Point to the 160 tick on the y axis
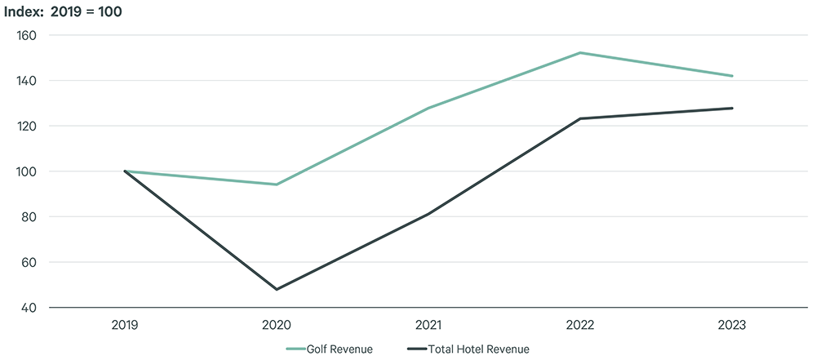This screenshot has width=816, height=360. (27, 35)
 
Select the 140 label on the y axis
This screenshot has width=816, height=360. (27, 81)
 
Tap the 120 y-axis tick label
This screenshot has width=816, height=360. (27, 126)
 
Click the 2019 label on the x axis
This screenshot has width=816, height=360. (125, 324)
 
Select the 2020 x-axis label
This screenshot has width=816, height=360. (277, 324)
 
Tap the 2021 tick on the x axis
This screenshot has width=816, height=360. (428, 324)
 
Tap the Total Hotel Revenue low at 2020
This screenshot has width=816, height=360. (277, 289)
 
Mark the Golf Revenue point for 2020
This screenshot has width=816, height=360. (277, 184)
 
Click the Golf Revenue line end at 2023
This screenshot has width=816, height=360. (732, 76)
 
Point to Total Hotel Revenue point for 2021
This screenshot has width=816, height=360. (428, 214)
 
